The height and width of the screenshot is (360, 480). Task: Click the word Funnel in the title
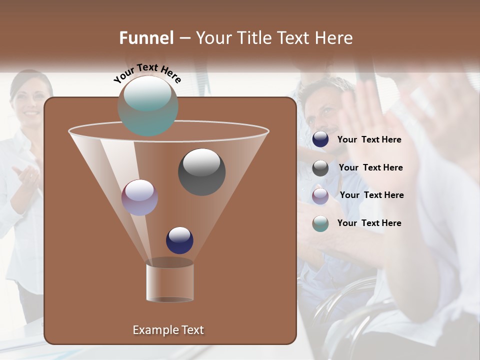coord(146,38)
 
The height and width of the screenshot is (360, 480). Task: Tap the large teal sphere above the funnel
coord(147,105)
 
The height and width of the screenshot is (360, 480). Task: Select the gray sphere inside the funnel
coord(201,171)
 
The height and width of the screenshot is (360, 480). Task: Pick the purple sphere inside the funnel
coord(139,197)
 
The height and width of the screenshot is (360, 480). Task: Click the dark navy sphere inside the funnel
coord(179,240)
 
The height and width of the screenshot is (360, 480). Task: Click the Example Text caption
coord(168,330)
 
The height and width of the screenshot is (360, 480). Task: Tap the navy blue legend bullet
coord(320,139)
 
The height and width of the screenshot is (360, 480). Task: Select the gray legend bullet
coord(320,168)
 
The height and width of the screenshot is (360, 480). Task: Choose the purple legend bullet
coord(320,195)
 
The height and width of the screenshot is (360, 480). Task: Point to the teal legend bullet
coord(320,223)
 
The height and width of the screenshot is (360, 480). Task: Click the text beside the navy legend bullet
coord(369,139)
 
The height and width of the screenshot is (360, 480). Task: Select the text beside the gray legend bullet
coord(370,167)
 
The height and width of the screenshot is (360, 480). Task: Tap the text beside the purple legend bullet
coord(371,195)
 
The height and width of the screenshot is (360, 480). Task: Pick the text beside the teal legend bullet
coord(369,223)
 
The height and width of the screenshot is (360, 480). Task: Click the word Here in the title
coord(334,38)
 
